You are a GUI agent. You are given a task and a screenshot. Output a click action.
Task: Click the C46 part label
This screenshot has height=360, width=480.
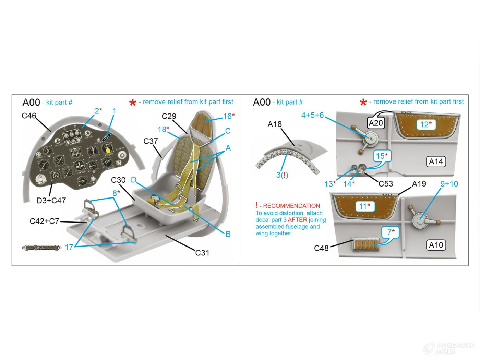[29, 116]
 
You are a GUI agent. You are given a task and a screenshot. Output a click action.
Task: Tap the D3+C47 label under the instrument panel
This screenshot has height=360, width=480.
[51, 200]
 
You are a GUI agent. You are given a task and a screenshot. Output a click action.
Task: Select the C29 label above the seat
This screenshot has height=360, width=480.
[169, 116]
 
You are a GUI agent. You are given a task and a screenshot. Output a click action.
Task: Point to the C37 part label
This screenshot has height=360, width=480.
[151, 141]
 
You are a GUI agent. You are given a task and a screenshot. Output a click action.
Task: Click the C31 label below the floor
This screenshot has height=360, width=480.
[202, 253]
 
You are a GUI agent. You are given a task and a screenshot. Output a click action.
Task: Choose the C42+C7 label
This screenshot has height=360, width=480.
[45, 221]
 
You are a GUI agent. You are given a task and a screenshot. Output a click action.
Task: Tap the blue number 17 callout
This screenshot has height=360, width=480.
[69, 247]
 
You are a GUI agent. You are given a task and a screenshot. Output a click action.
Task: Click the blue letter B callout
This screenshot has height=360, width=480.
[228, 234]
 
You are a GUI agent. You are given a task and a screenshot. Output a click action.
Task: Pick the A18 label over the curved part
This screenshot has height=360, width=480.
[274, 124]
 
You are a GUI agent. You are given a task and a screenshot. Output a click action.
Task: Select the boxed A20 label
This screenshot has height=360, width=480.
[375, 123]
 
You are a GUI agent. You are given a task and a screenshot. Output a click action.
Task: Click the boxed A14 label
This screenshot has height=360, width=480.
[436, 161]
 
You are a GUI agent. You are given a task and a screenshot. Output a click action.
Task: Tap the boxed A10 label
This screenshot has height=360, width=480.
[436, 245]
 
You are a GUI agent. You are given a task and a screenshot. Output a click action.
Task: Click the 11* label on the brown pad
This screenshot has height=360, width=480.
[364, 206]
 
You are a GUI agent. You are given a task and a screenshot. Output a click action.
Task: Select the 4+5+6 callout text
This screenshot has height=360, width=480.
[312, 115]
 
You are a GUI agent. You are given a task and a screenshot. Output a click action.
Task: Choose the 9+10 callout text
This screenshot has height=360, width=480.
[449, 184]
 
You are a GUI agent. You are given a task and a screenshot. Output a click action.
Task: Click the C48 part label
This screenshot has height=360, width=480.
[321, 248]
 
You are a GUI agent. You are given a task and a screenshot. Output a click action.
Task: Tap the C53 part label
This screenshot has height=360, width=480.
[386, 184]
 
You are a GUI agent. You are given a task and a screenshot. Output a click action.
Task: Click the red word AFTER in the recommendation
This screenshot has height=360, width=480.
[297, 220]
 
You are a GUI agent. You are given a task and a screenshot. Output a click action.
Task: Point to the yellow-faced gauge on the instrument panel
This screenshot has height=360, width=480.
[108, 149]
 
